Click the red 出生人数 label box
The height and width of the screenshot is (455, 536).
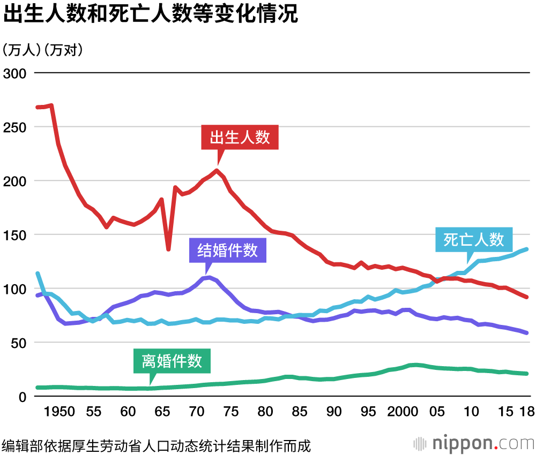240,138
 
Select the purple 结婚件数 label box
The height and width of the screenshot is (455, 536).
228,251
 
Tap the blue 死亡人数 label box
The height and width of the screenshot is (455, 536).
474,239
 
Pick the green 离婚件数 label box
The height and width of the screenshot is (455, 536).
172,361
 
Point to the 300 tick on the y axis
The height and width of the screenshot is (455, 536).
14,73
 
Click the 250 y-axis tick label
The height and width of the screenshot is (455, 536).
14,127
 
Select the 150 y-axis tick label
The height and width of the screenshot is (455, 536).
14,235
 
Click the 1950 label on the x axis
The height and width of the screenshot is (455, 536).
59,412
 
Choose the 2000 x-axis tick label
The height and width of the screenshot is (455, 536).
403,412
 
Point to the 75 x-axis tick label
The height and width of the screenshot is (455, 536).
231,412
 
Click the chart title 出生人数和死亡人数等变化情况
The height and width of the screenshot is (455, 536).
150,14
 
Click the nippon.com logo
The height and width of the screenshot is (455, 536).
474,443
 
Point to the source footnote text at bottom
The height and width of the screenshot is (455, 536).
156,445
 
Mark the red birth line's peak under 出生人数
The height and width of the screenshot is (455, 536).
217,171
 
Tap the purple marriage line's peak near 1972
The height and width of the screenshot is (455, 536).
209,277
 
